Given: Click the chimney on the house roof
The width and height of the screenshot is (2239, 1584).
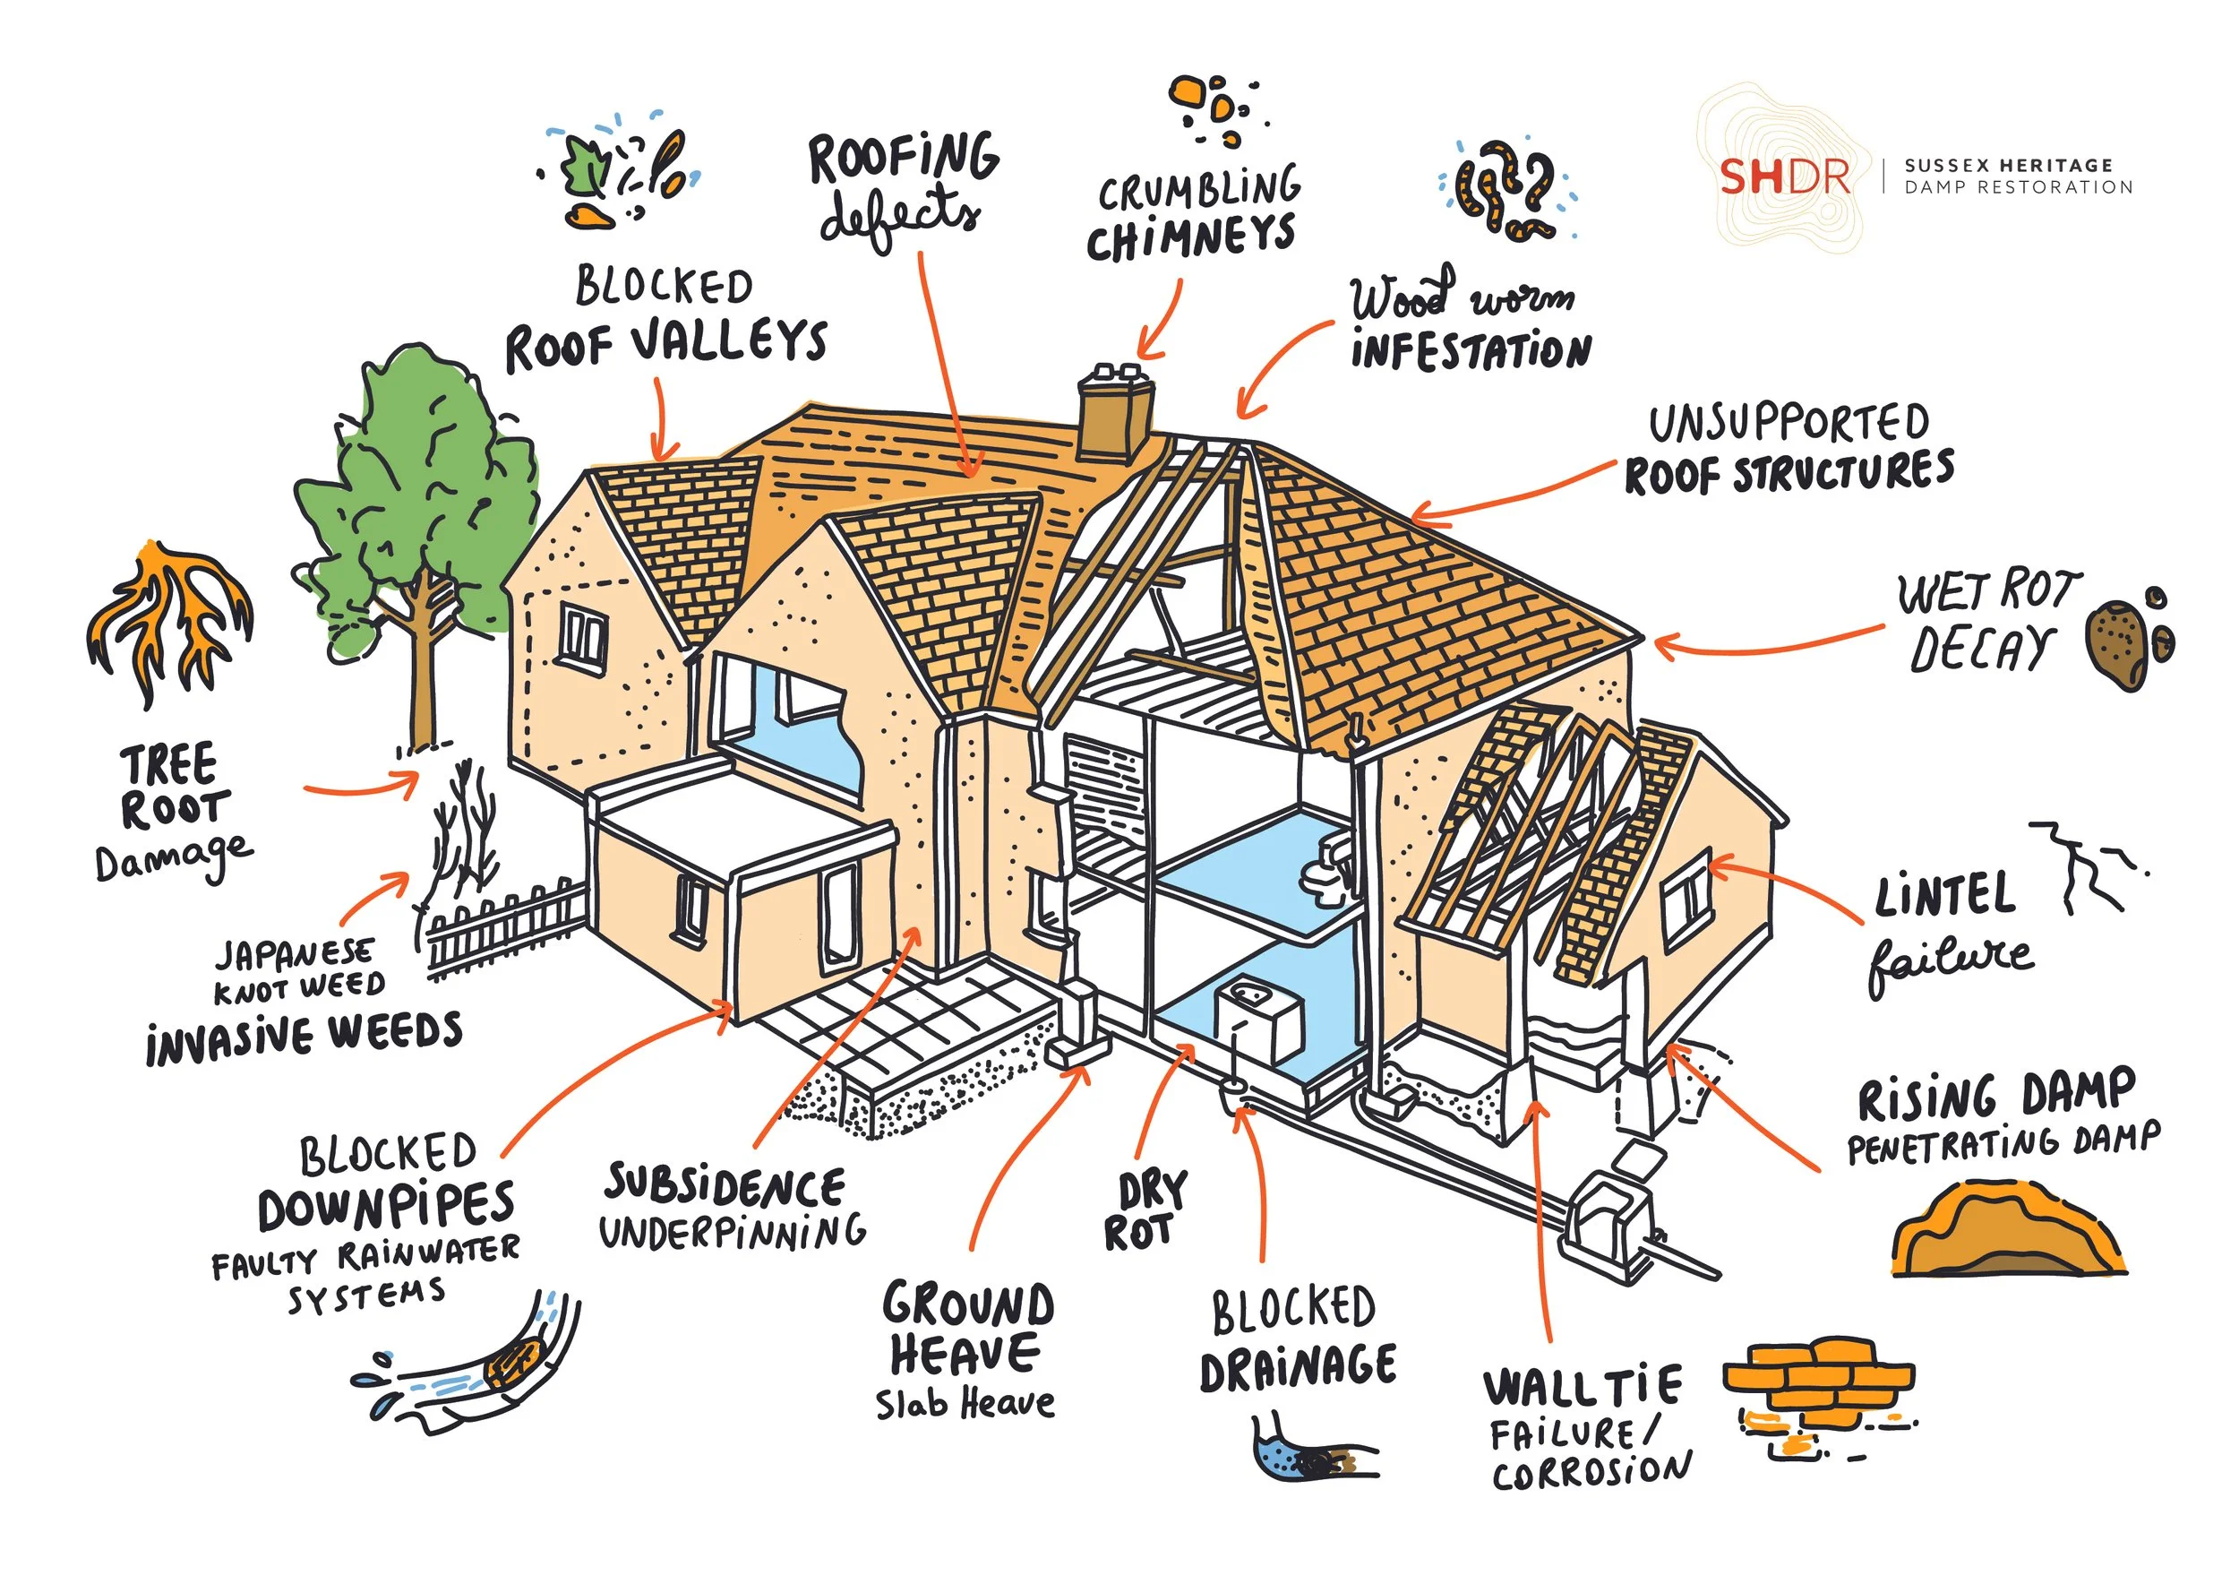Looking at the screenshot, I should click(1115, 419).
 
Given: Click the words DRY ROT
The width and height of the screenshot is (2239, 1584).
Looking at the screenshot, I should click(1145, 1210).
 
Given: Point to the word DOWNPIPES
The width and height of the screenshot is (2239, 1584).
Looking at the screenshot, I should click(386, 1208).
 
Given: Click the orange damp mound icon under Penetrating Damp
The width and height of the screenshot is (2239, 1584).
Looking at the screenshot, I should click(2009, 1232).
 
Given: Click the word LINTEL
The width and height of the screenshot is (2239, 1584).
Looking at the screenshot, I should click(1944, 895).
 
